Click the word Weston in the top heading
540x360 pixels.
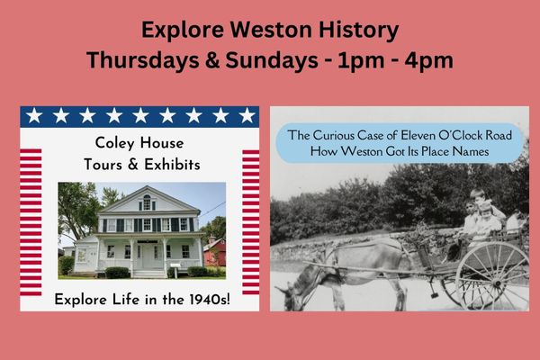click(270, 30)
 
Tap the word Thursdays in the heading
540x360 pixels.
click(142, 60)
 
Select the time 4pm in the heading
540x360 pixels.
click(428, 61)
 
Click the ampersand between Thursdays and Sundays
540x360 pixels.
click(211, 60)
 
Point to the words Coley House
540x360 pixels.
click(139, 143)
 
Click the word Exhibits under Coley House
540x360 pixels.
click(172, 165)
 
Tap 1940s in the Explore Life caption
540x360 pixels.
click(210, 300)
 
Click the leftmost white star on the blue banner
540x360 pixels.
click(34, 115)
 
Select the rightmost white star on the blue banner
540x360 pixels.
click(247, 115)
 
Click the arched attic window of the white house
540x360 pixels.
click(147, 202)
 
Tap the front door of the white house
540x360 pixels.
click(148, 256)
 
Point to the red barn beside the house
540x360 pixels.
click(215, 252)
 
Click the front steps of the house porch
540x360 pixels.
click(149, 274)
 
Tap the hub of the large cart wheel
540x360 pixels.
click(496, 283)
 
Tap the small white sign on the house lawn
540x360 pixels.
click(175, 265)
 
